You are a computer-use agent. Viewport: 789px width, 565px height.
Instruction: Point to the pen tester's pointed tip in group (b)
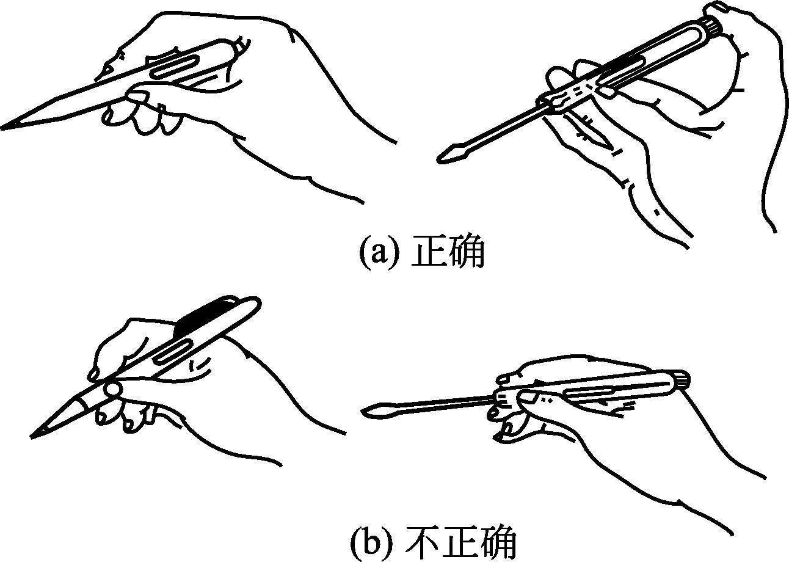pyautogui.click(x=33, y=437)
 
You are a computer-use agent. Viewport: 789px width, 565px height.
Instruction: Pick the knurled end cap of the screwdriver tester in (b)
pyautogui.click(x=682, y=381)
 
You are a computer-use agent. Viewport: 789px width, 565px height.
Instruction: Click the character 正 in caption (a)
pyautogui.click(x=429, y=252)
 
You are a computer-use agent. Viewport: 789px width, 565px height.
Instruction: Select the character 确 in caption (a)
pyautogui.click(x=467, y=252)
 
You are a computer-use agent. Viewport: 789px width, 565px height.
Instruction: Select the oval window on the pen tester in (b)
pyautogui.click(x=173, y=352)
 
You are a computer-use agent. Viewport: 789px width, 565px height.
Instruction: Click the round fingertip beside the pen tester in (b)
pyautogui.click(x=114, y=389)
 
